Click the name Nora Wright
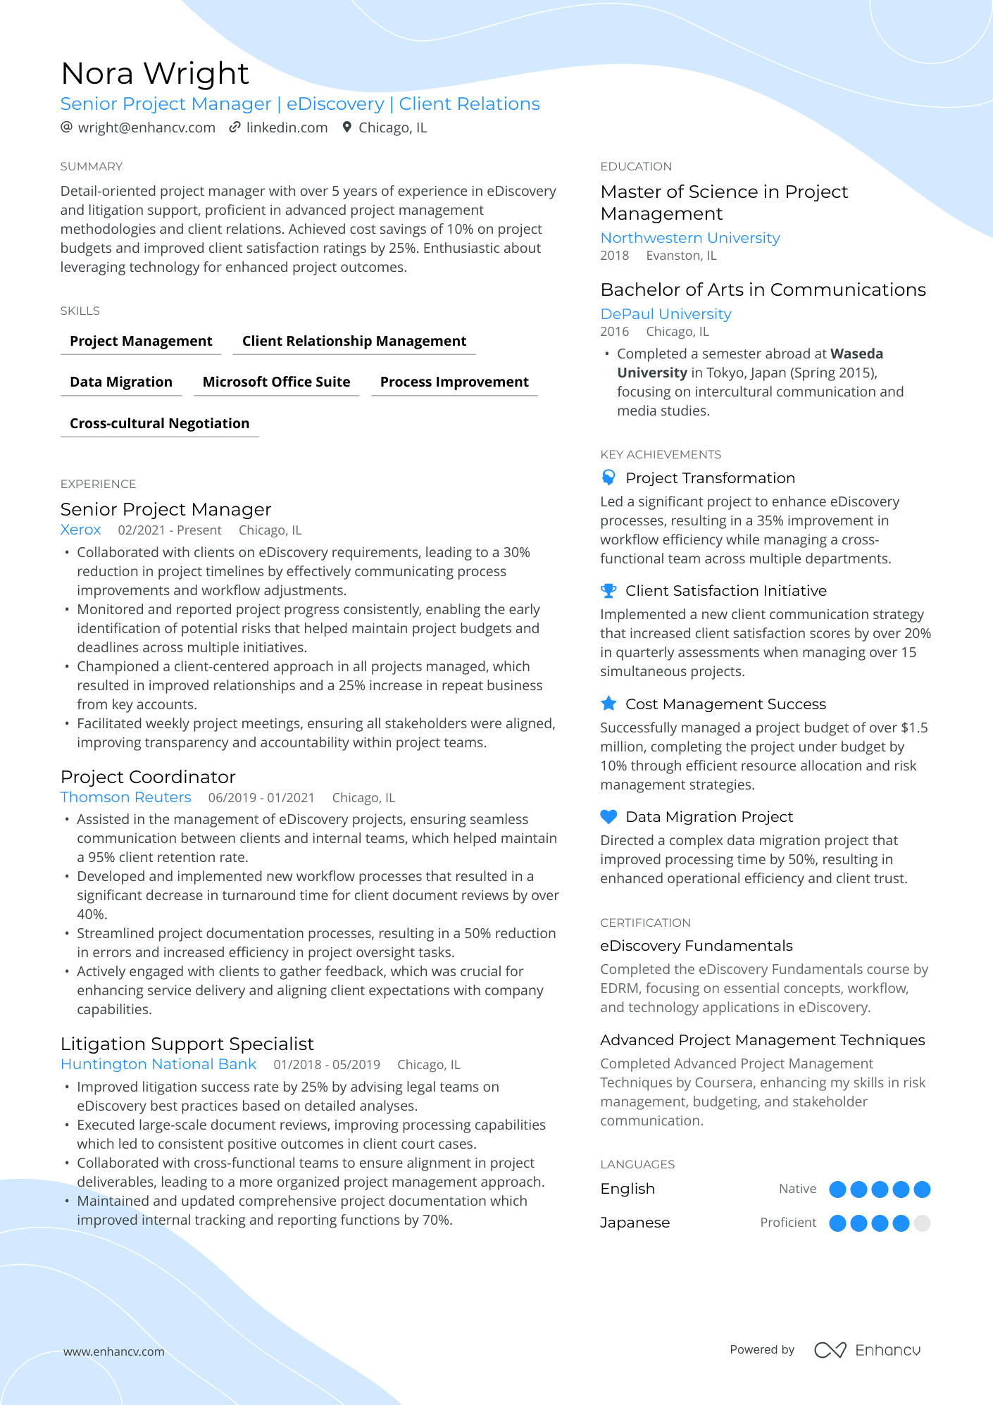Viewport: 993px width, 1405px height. (155, 73)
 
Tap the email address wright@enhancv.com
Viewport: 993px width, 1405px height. (146, 127)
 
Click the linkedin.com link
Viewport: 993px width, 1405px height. (287, 127)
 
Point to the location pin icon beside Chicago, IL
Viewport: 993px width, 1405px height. (346, 127)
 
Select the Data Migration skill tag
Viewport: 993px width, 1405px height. (121, 382)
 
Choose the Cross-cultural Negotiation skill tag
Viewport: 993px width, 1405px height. (160, 423)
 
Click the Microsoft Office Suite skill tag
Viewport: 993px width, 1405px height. (276, 382)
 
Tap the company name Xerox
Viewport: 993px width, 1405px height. (80, 530)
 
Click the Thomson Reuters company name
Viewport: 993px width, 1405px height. (125, 797)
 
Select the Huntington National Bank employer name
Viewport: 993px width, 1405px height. (158, 1064)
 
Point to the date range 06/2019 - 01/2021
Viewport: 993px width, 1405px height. (261, 798)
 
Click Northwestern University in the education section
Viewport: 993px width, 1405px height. (689, 238)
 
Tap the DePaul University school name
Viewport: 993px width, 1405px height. (666, 314)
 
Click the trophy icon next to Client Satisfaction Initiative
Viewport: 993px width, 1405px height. (608, 591)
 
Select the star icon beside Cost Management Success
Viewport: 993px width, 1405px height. (608, 704)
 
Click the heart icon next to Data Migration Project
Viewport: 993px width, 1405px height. (608, 817)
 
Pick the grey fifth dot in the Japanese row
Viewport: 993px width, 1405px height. (922, 1223)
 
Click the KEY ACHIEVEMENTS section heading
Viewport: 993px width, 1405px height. (661, 454)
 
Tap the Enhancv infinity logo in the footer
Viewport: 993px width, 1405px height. (830, 1350)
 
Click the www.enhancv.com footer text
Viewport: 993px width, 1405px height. (114, 1351)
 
